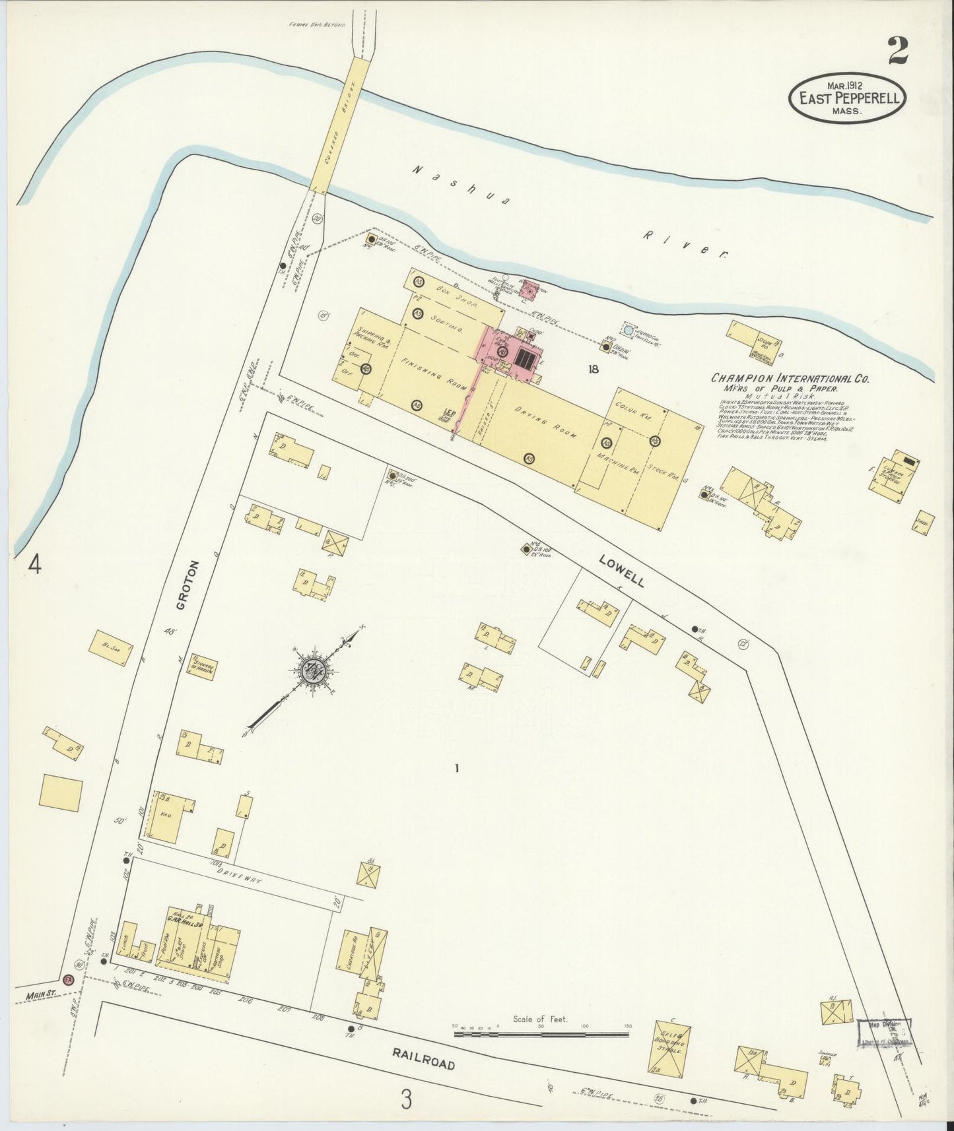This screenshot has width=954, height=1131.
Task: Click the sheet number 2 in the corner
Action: [x=897, y=50]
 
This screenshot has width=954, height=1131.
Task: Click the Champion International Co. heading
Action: [x=790, y=379]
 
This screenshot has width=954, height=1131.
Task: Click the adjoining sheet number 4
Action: [x=34, y=565]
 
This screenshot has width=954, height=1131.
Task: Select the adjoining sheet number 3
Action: [x=407, y=1099]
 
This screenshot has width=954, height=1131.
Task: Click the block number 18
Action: [x=594, y=370]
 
